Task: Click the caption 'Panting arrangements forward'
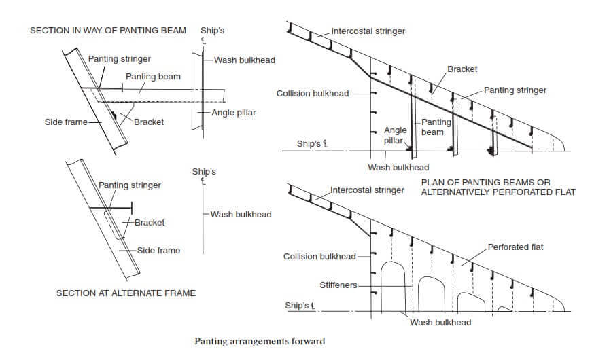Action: coord(260,340)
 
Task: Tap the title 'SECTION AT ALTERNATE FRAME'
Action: coord(126,293)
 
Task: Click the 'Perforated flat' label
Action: coord(516,247)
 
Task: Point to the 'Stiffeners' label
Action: coord(338,285)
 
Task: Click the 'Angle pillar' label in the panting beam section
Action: coord(234,112)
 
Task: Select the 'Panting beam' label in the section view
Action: coord(153,76)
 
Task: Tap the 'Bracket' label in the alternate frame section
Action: coord(150,222)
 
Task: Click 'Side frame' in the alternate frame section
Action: coord(158,250)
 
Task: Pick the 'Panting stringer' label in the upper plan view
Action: coord(515,90)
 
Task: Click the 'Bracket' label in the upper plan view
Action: coord(462,69)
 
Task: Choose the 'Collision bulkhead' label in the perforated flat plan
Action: coord(319,256)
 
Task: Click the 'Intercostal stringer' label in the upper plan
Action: coord(368,31)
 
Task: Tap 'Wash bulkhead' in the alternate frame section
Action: coord(241,214)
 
